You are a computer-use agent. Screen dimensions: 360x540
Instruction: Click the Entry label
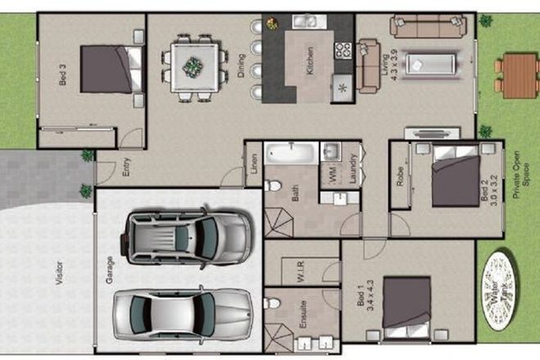[126, 168]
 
